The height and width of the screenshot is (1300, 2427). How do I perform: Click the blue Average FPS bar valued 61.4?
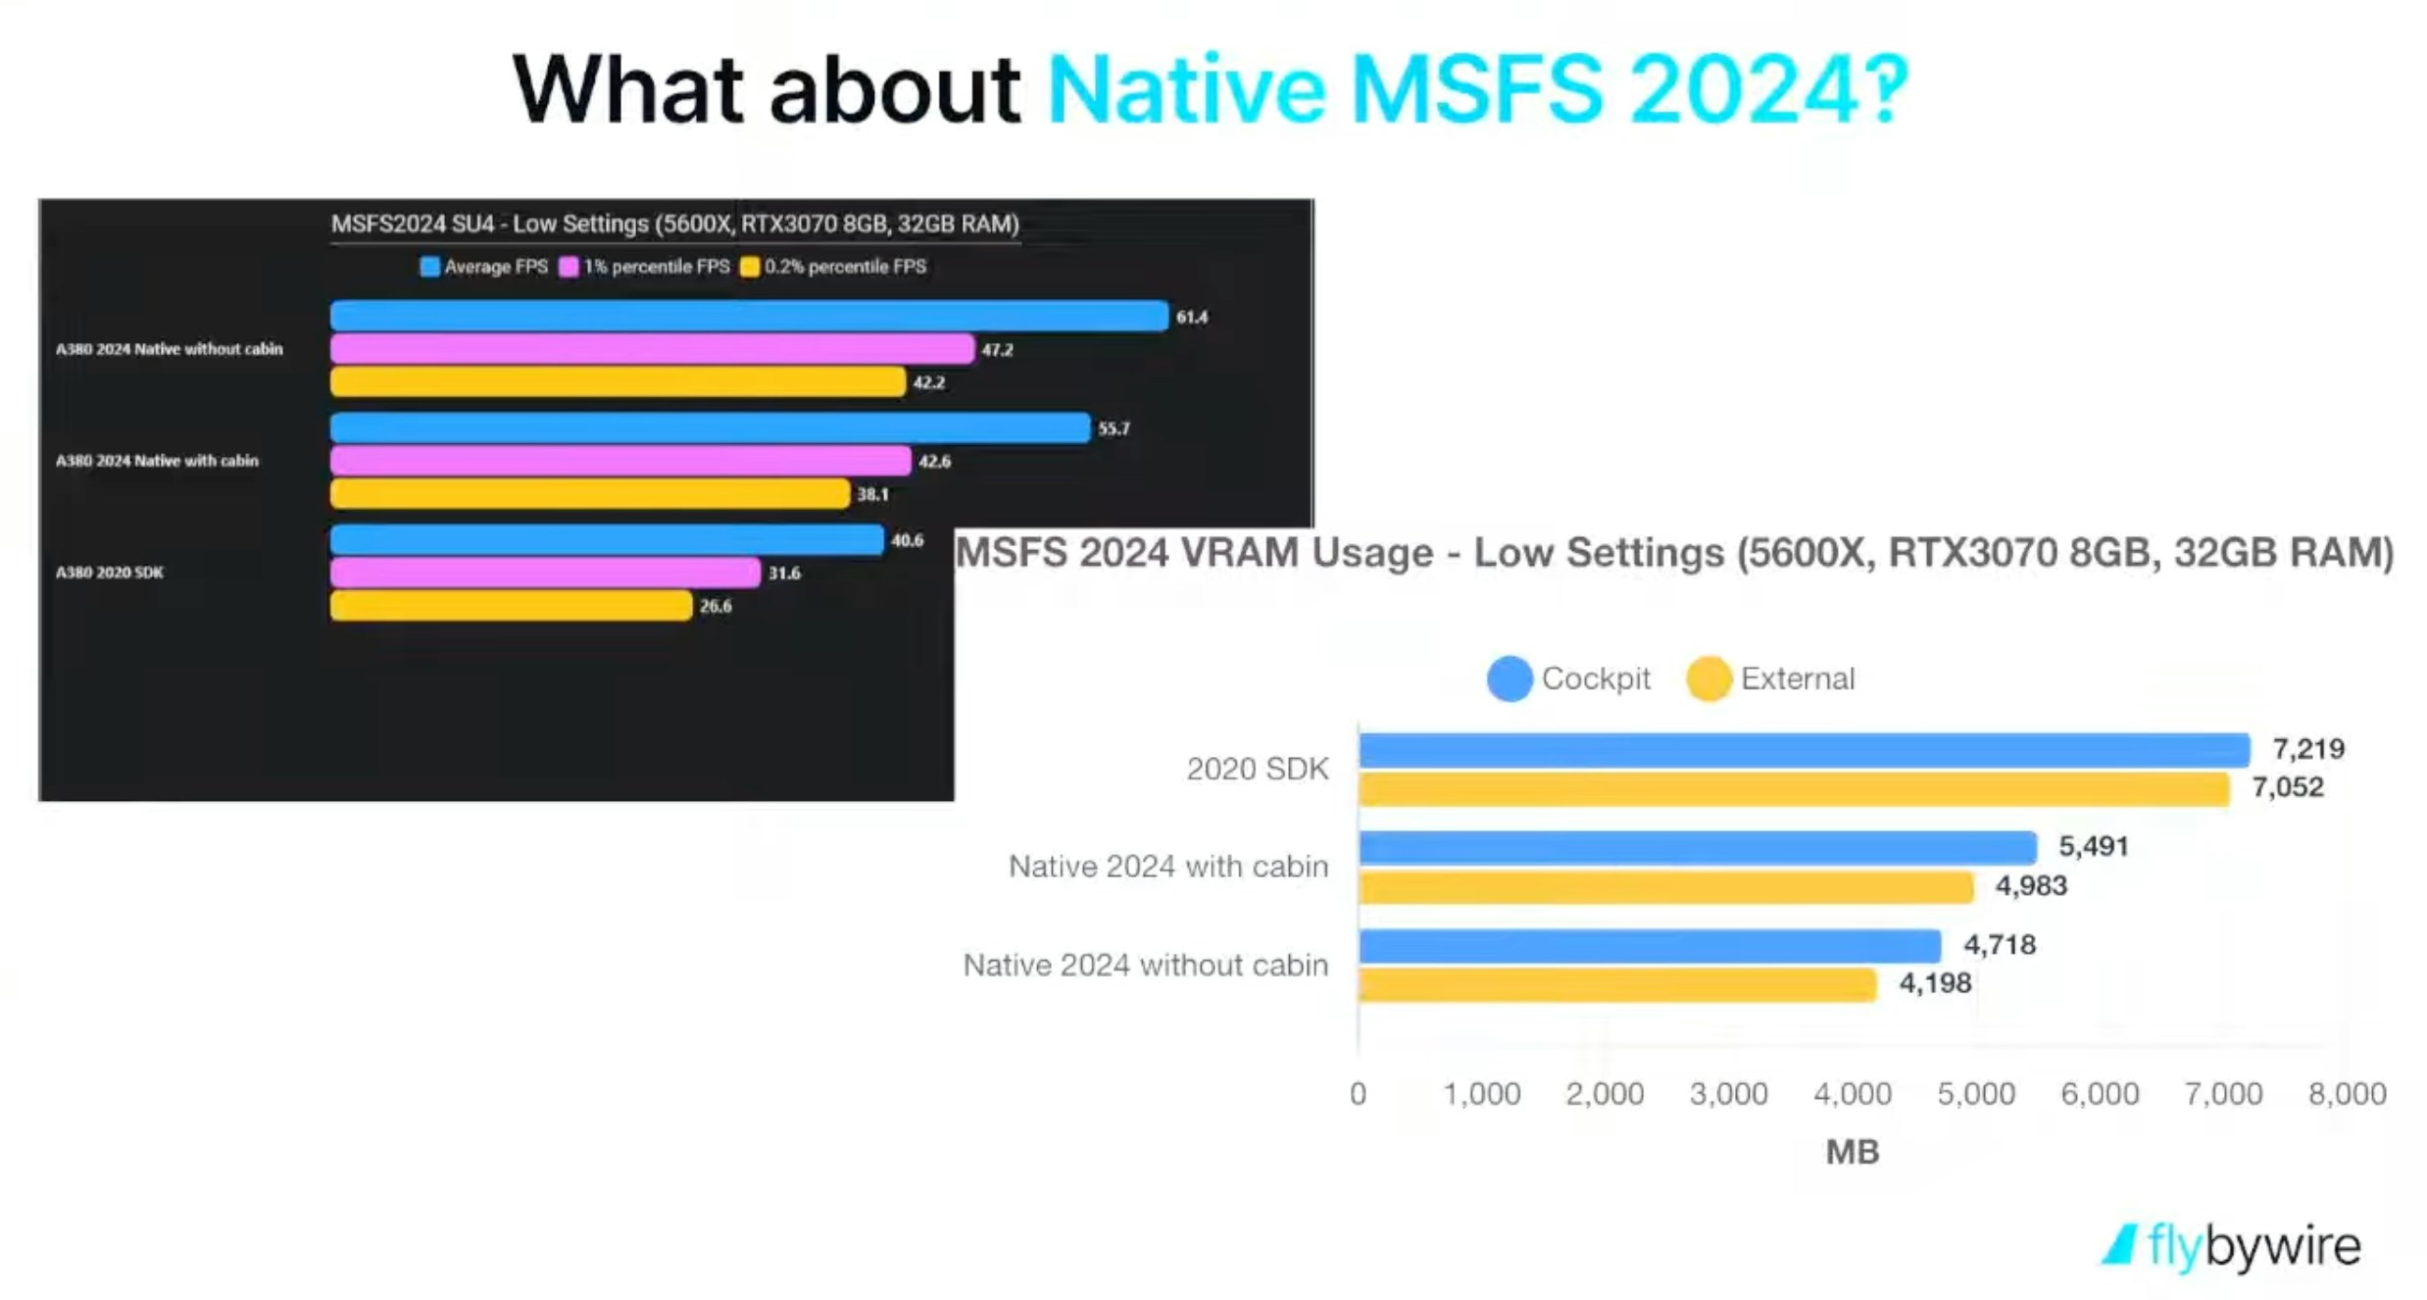tap(749, 316)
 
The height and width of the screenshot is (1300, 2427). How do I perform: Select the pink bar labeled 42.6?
tap(620, 461)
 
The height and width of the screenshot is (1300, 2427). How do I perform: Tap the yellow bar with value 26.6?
tap(511, 606)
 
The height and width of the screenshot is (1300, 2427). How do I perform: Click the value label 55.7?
tap(1114, 428)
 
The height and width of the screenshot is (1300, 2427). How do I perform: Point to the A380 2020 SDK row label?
tap(110, 573)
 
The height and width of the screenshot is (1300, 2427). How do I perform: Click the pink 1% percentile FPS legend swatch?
tap(569, 267)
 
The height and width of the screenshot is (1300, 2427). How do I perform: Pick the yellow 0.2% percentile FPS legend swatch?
tap(750, 267)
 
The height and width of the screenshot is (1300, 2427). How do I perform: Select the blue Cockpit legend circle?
tap(1510, 678)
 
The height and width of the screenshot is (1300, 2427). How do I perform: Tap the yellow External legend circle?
tap(1709, 678)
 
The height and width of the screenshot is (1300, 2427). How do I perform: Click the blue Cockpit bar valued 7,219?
tap(1804, 750)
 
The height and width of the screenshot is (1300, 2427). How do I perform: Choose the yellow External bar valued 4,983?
tap(1666, 887)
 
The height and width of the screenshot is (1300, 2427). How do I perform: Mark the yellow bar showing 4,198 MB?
tap(1617, 984)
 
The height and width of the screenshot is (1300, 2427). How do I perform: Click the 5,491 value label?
tap(2094, 846)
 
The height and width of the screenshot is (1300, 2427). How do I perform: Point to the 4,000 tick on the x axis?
tap(1853, 1093)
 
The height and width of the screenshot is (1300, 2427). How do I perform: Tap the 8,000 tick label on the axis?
tap(2347, 1093)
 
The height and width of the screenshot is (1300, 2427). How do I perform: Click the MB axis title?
tap(1853, 1152)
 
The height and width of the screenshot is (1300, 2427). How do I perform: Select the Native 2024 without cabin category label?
tap(1145, 966)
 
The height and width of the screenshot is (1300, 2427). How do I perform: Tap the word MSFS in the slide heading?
tap(1476, 90)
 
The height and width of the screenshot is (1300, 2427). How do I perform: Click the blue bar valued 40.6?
tap(607, 539)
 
